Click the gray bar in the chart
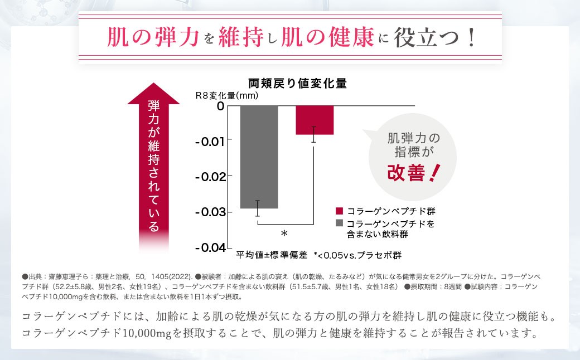point(259,157)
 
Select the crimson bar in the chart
point(314,120)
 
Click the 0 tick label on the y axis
point(220,105)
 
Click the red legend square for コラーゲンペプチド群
point(339,211)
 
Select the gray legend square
point(339,223)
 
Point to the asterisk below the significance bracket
point(284,233)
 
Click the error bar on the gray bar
point(258,208)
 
